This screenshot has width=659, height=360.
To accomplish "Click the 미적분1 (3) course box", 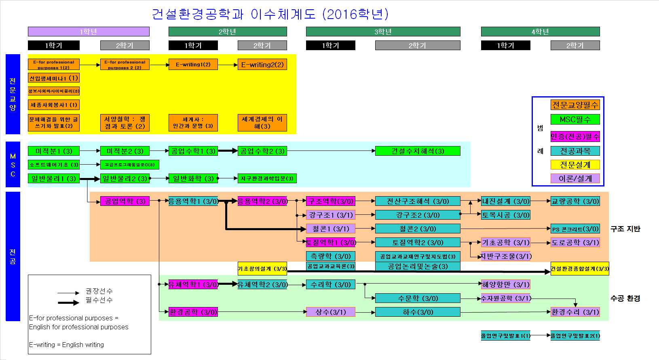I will (x=54, y=151).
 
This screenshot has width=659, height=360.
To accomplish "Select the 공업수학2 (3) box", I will (x=262, y=151).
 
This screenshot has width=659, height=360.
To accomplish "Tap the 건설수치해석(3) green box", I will (x=418, y=151).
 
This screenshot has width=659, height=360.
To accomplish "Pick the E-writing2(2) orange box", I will (x=262, y=64).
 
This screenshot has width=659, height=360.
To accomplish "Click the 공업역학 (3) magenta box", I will (x=125, y=201).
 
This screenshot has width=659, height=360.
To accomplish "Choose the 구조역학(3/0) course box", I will (x=331, y=201).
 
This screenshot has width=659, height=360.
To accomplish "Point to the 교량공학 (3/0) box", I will (x=575, y=201).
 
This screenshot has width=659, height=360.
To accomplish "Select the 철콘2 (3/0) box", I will (x=418, y=229).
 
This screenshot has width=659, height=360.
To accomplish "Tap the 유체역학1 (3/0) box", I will (x=193, y=284).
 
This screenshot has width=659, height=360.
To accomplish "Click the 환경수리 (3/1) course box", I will (x=575, y=312).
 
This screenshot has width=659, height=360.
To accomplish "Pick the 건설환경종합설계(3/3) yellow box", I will (x=580, y=269).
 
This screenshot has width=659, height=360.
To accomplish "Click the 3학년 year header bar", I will (x=383, y=32).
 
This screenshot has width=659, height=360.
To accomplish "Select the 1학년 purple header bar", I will (x=89, y=32).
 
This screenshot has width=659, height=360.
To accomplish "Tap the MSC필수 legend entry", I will (x=575, y=119).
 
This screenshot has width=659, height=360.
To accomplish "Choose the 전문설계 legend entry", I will (x=575, y=165).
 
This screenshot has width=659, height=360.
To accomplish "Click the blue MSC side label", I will (x=13, y=164).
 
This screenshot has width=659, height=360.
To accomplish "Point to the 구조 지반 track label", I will (x=625, y=229).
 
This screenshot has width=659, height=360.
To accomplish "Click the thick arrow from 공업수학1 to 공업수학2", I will (x=228, y=151).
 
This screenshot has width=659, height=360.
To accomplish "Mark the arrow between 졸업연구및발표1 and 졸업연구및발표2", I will (x=541, y=335).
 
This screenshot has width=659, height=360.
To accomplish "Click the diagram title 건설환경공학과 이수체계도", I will (x=270, y=14).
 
